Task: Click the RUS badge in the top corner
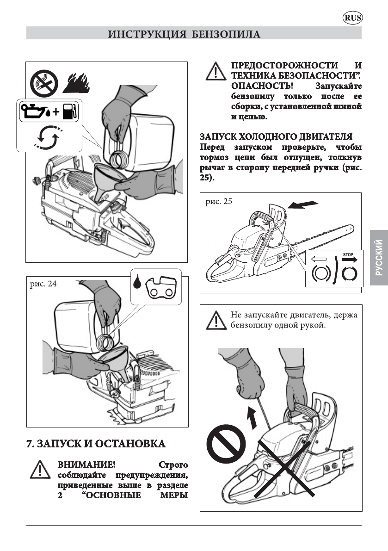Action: (353, 18)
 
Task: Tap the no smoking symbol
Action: (45, 84)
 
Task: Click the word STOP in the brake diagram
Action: (348, 254)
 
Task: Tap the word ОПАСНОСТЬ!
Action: (256, 86)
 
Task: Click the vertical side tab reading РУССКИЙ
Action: (379, 258)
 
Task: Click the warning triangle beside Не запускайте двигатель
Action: (214, 320)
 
